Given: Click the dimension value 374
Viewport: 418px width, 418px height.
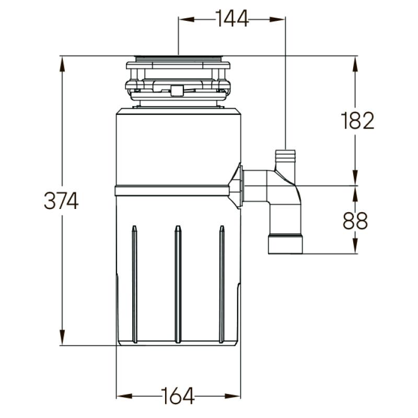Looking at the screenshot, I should point(61,201).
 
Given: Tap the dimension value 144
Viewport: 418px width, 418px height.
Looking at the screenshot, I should point(232,19).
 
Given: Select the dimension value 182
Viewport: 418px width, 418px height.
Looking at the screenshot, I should point(358,121).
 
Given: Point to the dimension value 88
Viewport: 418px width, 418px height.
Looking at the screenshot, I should point(355,221).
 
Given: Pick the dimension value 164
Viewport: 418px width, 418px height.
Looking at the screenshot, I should point(178,396).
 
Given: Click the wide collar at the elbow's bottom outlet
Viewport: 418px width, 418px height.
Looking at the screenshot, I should point(285,245).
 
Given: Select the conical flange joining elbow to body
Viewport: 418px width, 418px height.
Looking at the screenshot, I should point(238,185).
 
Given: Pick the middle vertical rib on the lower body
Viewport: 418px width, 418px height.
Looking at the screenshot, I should point(178,285).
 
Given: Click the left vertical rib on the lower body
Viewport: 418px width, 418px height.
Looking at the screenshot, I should point(134,285).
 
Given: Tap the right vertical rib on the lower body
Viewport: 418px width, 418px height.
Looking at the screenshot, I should point(222,285).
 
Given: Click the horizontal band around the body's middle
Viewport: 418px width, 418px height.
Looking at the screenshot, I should point(172,190).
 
